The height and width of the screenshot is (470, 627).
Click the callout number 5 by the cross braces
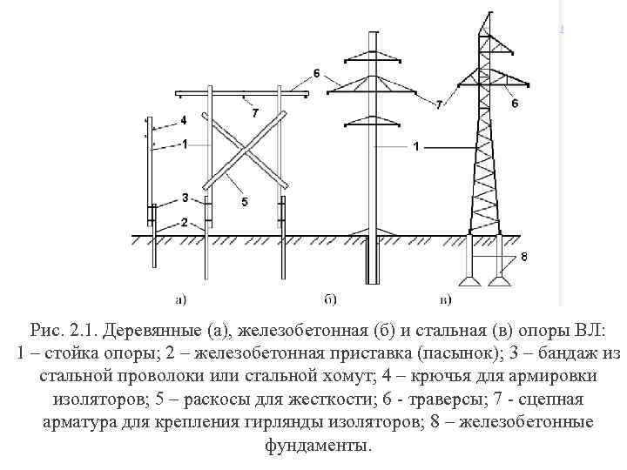coord(244,201)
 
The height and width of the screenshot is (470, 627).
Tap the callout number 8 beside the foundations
coord(522,257)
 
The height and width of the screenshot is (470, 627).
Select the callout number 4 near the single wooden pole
coord(184,119)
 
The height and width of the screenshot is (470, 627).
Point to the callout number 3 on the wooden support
coord(184,197)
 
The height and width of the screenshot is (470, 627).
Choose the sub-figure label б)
coord(331,300)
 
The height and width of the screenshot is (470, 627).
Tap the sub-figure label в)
coord(445,300)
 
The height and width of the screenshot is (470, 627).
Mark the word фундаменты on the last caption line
coord(313,445)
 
